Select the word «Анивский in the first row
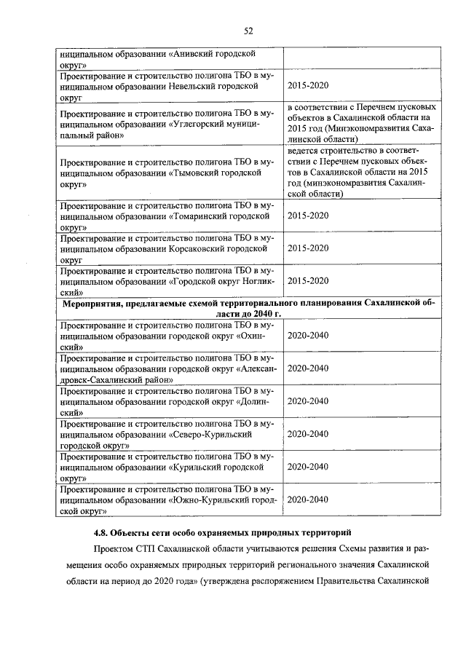coord(195,54)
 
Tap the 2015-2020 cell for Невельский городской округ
coord(308,86)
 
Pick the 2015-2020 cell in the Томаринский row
coord(308,216)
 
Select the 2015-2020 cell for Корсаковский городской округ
coord(308,248)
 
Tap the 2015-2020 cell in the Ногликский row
coord(308,281)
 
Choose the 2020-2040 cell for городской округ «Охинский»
coord(308,336)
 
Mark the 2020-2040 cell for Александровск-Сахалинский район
coord(308,368)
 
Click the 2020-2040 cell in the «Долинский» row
coord(308,401)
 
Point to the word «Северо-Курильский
coord(210,434)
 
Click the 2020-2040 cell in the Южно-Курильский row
coord(308,500)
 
